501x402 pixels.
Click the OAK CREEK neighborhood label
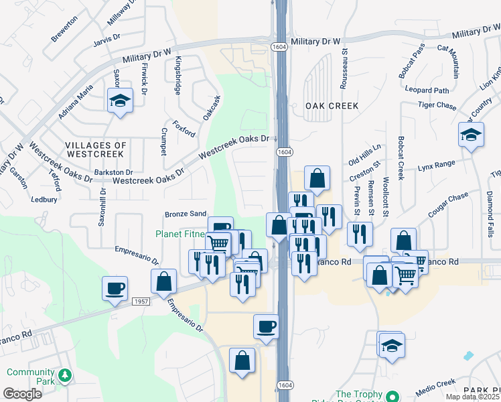point(332,106)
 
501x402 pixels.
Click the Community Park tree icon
point(64,374)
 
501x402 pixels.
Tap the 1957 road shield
point(139,301)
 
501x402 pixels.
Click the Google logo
point(22,394)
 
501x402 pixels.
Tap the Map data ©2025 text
point(472,397)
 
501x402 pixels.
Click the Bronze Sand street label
point(186,214)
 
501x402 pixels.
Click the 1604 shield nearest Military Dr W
point(280,46)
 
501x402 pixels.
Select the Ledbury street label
point(44,199)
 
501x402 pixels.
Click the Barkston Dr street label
point(114,172)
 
